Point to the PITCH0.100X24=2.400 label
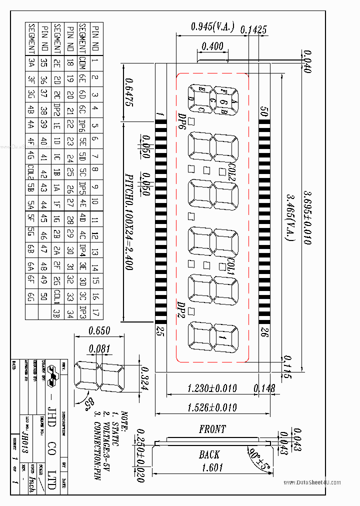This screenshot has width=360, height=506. point(128,222)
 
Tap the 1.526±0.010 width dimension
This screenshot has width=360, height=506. point(212,407)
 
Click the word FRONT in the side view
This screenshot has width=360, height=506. point(212,429)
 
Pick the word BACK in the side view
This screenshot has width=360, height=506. point(209,454)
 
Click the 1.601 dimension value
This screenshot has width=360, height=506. point(212,468)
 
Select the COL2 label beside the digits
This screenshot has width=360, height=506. point(231,171)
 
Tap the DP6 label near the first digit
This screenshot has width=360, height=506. point(182,120)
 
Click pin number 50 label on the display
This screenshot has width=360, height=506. point(263,110)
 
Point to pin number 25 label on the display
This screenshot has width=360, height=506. point(160,331)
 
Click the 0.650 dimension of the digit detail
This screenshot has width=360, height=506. point(99,330)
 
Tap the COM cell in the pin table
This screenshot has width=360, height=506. point(82,63)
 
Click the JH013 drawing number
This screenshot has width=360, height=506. point(33,433)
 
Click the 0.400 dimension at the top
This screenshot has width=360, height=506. point(212,46)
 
